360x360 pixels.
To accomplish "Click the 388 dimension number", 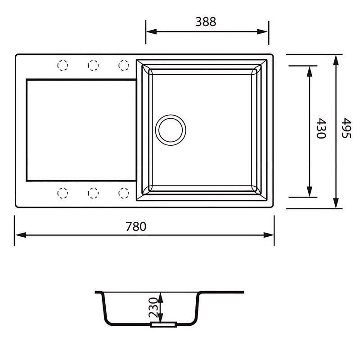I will [206, 22].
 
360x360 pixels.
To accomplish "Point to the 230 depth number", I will [153, 307].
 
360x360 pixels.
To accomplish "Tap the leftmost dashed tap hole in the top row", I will [63, 66].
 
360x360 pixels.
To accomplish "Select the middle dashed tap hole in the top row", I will [93, 66].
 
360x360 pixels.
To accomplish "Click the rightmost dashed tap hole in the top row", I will [123, 66].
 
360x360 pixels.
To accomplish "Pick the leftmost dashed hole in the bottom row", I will [63, 193].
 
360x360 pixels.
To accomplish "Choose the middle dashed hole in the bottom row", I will [93, 193].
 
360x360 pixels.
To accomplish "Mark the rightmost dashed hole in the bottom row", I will [123, 193].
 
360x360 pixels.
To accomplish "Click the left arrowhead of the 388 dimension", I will [150, 31].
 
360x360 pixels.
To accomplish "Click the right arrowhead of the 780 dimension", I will [270, 235].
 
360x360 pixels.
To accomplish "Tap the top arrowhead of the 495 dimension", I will [336, 60].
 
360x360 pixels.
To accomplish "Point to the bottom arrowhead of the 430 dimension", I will [310, 193].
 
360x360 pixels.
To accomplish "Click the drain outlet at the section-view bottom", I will [163, 324].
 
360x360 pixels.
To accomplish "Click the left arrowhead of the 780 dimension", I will [19, 235].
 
